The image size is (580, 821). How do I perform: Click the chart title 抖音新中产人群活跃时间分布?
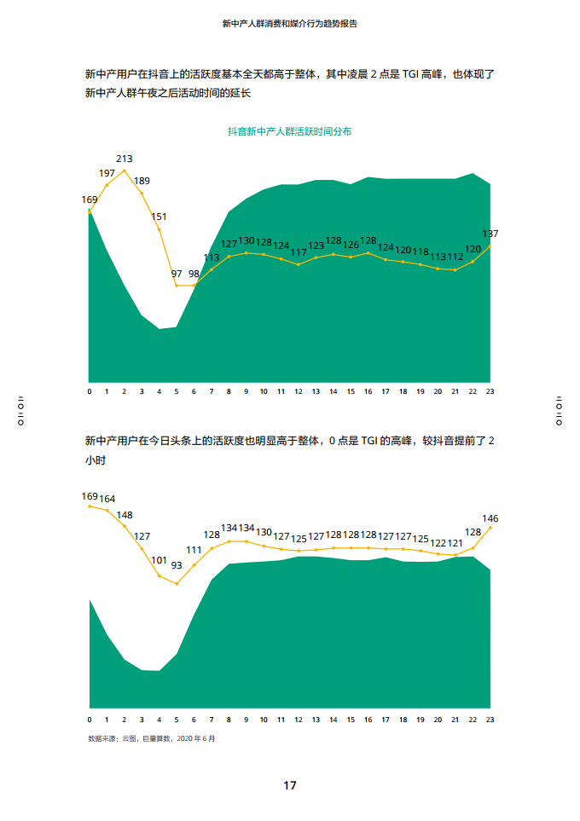pos(290,132)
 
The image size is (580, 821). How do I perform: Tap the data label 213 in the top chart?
pos(124,159)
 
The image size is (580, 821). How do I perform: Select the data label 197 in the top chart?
pos(107,173)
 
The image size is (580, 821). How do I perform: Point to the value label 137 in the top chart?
pos(490,234)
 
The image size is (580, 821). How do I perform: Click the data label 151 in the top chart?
pos(159,217)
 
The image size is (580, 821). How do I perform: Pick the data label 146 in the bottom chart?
pos(490,518)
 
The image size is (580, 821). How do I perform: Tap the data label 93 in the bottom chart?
pos(177,565)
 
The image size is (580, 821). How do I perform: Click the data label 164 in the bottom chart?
pos(107,499)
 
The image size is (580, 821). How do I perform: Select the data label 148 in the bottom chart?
pos(125,515)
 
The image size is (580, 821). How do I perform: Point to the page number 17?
pos(290,785)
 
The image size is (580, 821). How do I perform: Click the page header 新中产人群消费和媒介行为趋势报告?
pos(289,24)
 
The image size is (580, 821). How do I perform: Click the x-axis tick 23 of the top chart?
pos(490,391)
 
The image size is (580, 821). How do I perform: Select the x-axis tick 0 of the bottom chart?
pos(90,720)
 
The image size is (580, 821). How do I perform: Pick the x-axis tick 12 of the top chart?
pos(299,391)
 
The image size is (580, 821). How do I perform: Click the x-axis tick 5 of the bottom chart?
pos(177,720)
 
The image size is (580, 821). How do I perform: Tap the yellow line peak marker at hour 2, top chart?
pos(125,171)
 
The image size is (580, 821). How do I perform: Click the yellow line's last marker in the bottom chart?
pos(490,528)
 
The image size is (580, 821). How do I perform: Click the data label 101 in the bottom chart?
pos(159,560)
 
